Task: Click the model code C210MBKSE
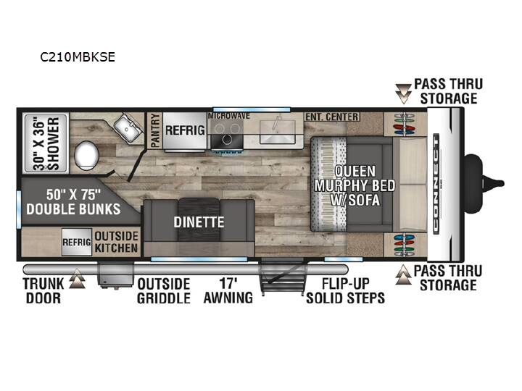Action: tap(78, 57)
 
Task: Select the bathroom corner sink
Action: tap(127, 128)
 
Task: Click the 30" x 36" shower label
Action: tap(46, 143)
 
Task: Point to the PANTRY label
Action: tap(155, 130)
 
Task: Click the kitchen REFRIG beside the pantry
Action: tap(185, 130)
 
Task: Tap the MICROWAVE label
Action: tap(228, 116)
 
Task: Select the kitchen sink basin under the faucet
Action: tap(277, 132)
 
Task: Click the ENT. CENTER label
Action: tap(332, 117)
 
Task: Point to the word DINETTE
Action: tap(199, 222)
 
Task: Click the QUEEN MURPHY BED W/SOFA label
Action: tap(355, 185)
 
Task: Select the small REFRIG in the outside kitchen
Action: tap(77, 242)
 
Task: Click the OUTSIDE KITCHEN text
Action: tap(116, 242)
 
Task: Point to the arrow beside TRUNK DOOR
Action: tap(78, 278)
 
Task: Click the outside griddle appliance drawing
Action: tap(115, 275)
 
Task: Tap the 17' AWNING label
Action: tap(228, 290)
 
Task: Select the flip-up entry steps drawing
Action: tap(283, 277)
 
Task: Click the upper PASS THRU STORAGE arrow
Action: tap(404, 93)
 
